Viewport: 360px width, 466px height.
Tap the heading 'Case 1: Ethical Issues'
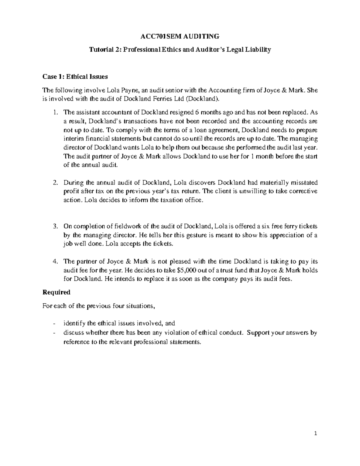tap(75, 77)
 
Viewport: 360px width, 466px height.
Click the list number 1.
tap(54, 113)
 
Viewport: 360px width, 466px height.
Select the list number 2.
tap(55, 182)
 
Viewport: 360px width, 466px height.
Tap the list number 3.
tap(55, 226)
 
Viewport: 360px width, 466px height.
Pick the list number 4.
tap(55, 261)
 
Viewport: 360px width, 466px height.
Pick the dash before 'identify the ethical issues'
tap(54, 323)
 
